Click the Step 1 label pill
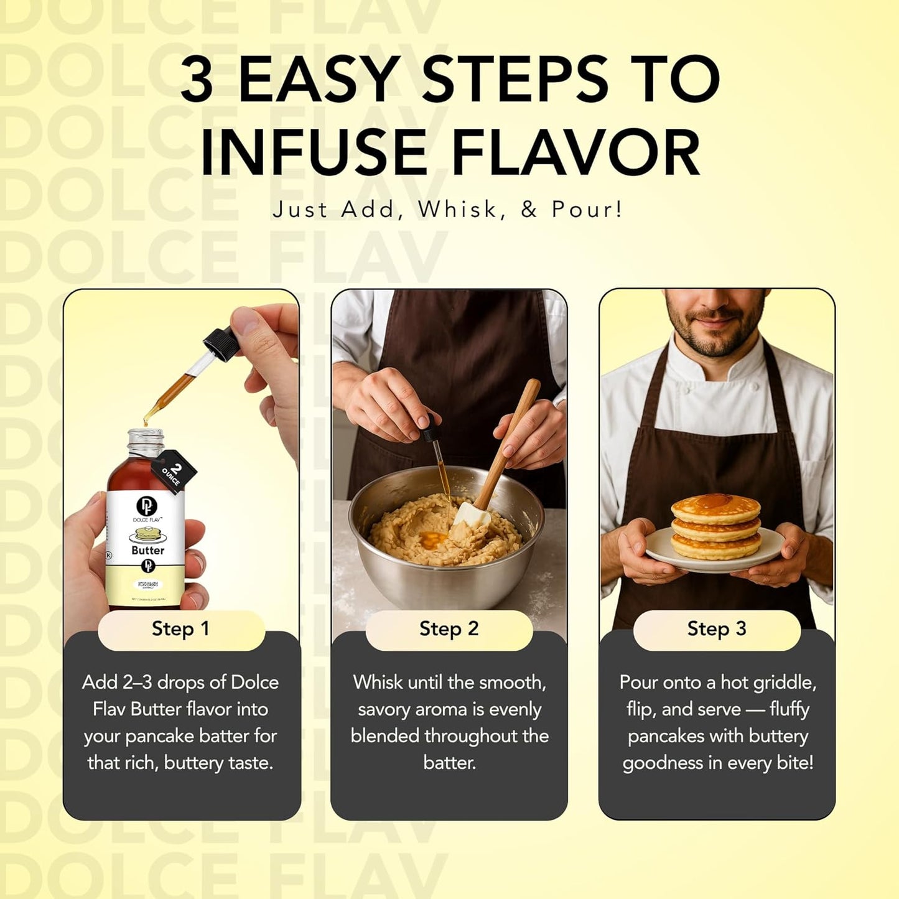coord(181,629)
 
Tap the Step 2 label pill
coord(449,629)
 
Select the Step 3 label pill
coord(716,629)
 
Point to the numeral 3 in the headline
coord(197,80)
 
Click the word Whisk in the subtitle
coord(458,210)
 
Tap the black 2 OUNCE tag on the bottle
coord(172,472)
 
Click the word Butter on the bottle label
coord(148,551)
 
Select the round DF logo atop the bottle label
coord(147,506)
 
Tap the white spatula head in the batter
coord(472,516)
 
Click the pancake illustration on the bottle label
coord(147,534)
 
